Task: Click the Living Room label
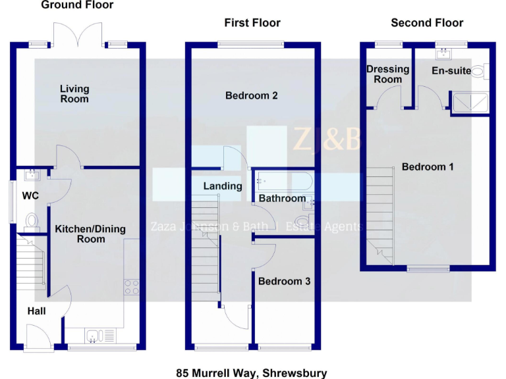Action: (x=74, y=93)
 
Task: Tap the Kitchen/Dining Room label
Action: (x=90, y=234)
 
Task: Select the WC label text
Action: (x=30, y=195)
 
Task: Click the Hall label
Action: (x=37, y=311)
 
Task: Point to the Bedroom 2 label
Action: (x=251, y=95)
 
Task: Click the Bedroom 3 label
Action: (x=284, y=282)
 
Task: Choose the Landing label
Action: (x=222, y=186)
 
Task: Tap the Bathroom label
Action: (x=282, y=198)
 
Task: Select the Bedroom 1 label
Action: (x=428, y=166)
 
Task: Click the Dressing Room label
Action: (x=387, y=74)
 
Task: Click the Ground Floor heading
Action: (x=77, y=5)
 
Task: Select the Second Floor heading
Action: (x=427, y=22)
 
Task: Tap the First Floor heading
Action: (x=252, y=22)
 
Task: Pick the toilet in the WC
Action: (x=31, y=221)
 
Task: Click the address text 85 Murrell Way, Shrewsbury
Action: (x=252, y=373)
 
